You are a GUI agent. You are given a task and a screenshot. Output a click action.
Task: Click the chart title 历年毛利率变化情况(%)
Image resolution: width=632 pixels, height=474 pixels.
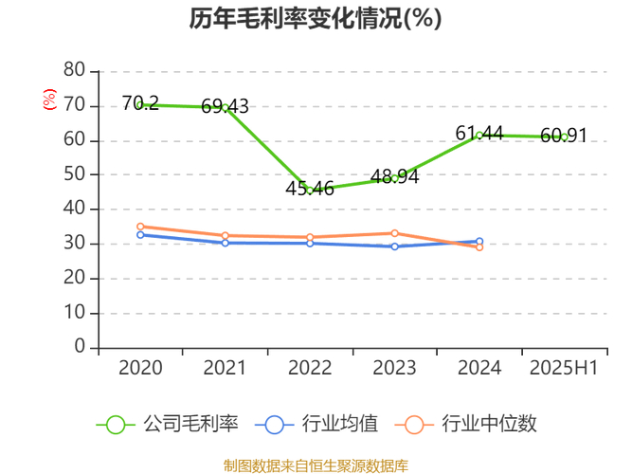pyautogui.click(x=316, y=19)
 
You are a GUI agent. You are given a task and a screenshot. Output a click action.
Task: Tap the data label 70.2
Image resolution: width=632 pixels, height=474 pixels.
pyautogui.click(x=140, y=103)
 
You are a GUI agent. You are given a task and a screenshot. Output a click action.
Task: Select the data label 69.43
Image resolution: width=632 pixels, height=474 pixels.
pyautogui.click(x=225, y=106)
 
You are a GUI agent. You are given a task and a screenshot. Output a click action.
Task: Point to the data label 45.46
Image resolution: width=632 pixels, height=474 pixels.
pyautogui.click(x=310, y=189)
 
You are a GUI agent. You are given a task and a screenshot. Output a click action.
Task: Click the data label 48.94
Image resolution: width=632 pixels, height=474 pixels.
pyautogui.click(x=394, y=176)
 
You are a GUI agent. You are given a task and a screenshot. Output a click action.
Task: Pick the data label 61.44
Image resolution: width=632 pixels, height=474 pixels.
pyautogui.click(x=479, y=134)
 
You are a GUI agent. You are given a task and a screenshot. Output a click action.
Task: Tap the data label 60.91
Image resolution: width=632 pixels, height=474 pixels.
pyautogui.click(x=564, y=136)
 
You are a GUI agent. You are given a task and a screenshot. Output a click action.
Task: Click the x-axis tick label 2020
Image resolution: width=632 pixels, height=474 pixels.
pyautogui.click(x=140, y=368)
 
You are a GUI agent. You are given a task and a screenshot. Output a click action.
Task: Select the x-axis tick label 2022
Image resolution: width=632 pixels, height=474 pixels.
pyautogui.click(x=310, y=368)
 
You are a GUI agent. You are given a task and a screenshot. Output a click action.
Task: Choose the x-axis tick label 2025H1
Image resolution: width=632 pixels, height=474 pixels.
pyautogui.click(x=564, y=368)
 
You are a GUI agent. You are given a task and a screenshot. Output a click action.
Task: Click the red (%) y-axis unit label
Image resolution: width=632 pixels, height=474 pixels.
pyautogui.click(x=49, y=98)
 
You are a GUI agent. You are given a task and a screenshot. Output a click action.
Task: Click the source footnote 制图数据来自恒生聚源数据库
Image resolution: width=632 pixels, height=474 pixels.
pyautogui.click(x=316, y=465)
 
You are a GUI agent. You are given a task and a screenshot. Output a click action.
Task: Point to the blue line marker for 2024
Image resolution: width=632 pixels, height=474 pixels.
pyautogui.click(x=479, y=242)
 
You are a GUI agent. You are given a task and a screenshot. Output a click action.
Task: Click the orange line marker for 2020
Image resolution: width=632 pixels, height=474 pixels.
pyautogui.click(x=140, y=227)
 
